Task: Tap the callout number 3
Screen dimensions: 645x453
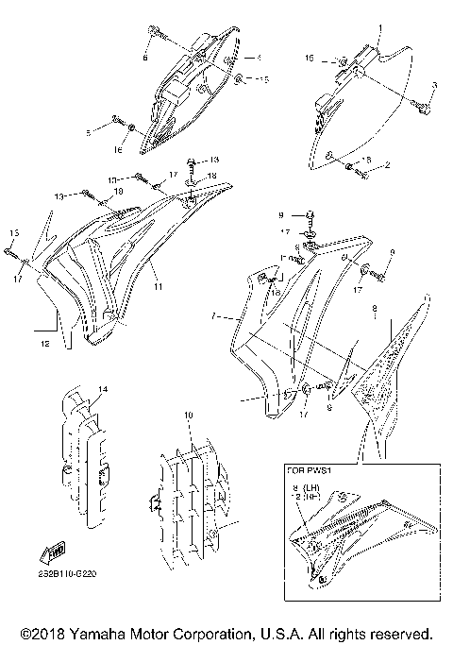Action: click(433, 85)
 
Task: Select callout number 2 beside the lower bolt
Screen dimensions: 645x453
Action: click(387, 164)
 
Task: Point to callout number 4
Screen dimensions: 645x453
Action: click(246, 58)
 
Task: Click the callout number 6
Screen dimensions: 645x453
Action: click(145, 58)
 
